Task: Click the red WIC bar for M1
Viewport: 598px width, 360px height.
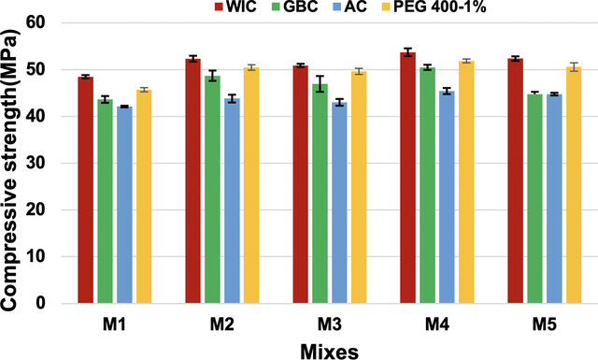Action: tap(85, 190)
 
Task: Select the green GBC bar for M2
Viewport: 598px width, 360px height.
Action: tap(212, 190)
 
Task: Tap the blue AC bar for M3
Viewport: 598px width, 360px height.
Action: tap(339, 203)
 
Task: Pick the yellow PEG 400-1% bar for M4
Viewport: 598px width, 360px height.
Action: tap(466, 182)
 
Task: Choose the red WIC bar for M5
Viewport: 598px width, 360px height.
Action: tap(516, 181)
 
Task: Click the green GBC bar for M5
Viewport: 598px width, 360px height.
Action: tap(535, 199)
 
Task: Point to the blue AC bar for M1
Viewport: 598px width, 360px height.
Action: tap(124, 205)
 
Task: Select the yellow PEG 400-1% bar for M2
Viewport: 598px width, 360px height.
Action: tap(251, 185)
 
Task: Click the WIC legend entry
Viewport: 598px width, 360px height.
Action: tap(236, 7)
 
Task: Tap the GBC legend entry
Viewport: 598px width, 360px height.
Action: tap(295, 7)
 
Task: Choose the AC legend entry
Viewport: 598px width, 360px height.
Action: tap(349, 7)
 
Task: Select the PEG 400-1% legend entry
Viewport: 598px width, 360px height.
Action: tap(434, 7)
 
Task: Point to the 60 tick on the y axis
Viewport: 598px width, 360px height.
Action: tap(36, 22)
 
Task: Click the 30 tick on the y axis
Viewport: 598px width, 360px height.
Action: tap(36, 163)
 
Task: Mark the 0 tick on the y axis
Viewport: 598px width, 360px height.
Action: tap(40, 303)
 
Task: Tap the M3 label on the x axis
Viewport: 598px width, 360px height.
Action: tap(330, 324)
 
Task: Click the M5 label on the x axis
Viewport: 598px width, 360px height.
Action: tap(545, 324)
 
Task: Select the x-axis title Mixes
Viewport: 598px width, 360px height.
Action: tap(330, 352)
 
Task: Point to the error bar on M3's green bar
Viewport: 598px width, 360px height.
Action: tap(320, 84)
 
